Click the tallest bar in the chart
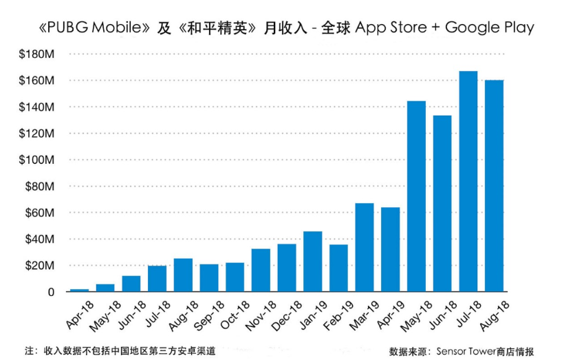pyautogui.click(x=468, y=182)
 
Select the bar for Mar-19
pyautogui.click(x=364, y=248)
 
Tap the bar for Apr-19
pyautogui.click(x=390, y=250)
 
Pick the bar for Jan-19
pyautogui.click(x=312, y=262)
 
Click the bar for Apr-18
pyautogui.click(x=79, y=290)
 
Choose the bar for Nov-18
pyautogui.click(x=261, y=271)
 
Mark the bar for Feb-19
pyautogui.click(x=338, y=268)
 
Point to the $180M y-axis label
pyautogui.click(x=39, y=54)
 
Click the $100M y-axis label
pyautogui.click(x=39, y=160)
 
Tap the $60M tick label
pyautogui.click(x=42, y=213)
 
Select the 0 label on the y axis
pyautogui.click(x=51, y=292)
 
